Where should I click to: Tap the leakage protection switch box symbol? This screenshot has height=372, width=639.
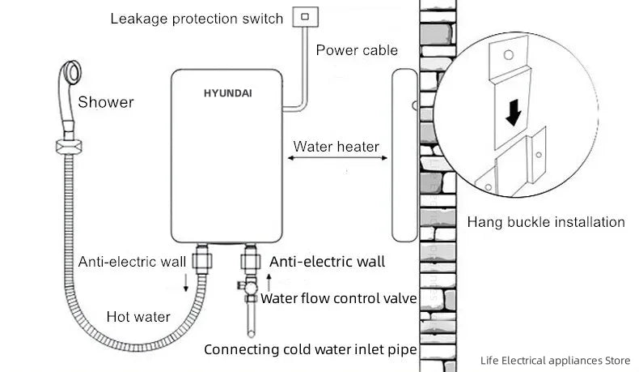[305, 15]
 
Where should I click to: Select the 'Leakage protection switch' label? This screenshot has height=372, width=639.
[197, 18]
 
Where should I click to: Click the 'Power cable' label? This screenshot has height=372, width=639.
[357, 50]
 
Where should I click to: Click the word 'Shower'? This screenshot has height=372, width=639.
[106, 102]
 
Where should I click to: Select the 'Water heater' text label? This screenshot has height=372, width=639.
[336, 147]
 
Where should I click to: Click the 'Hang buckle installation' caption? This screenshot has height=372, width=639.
[546, 221]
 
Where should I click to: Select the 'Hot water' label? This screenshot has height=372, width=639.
[138, 316]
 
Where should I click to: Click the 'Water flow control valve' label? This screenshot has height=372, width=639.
[338, 298]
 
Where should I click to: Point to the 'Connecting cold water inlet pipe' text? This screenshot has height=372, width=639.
[311, 350]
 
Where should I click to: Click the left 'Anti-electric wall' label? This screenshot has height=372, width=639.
[132, 262]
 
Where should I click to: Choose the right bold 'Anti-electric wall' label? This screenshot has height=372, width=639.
[327, 262]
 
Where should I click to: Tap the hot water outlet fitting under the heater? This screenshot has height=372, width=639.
[201, 261]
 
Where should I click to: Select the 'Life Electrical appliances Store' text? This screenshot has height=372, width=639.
[553, 360]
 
